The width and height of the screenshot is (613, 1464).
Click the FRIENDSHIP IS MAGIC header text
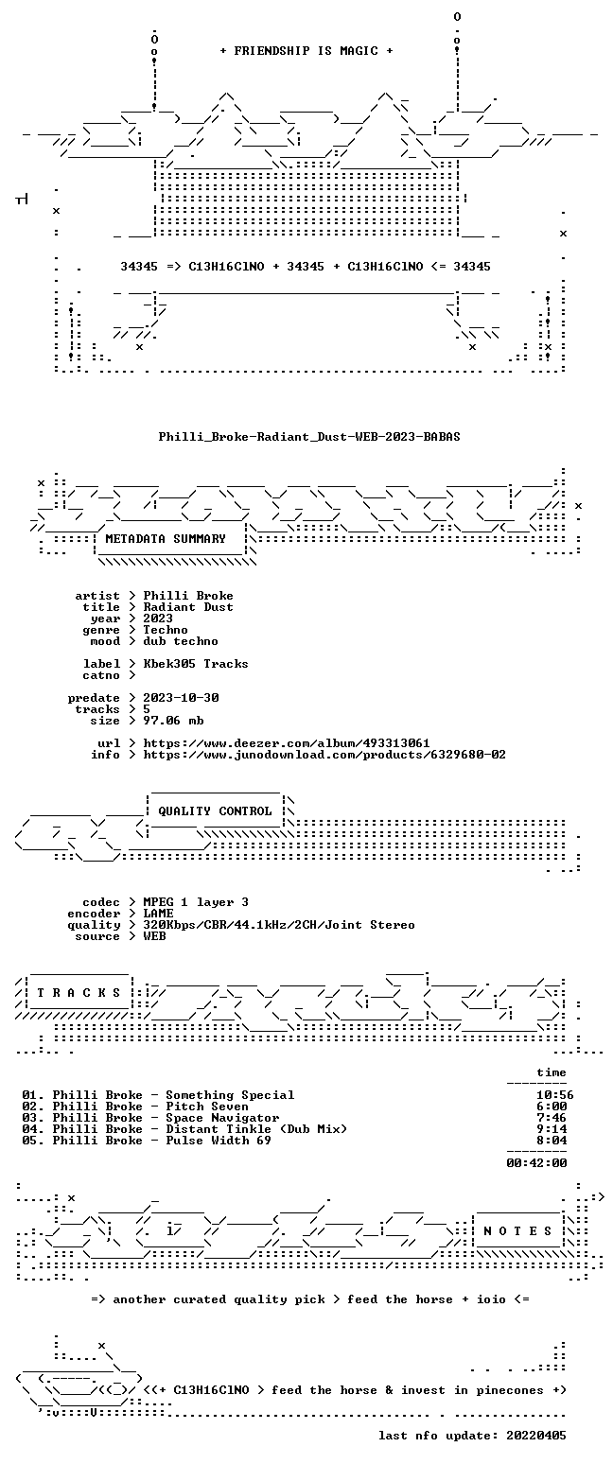point(306,51)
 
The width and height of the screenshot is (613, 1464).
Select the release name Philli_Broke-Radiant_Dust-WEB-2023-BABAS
point(309,437)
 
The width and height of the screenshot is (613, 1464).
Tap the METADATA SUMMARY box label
point(166,538)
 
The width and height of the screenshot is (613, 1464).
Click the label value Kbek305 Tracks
point(196,663)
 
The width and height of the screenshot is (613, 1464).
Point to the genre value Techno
point(166,630)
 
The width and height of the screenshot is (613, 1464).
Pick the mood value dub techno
point(181,641)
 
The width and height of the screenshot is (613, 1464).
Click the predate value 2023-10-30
point(181,697)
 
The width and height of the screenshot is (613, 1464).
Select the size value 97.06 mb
point(173,721)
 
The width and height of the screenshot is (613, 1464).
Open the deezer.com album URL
point(287,743)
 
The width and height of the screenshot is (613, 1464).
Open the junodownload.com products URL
point(324,754)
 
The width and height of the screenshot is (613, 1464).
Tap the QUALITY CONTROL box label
point(215,811)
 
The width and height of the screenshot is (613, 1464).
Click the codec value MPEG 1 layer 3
point(196,902)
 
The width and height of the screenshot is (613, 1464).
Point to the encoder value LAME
point(158,914)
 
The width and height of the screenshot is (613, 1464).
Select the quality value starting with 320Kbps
point(279,925)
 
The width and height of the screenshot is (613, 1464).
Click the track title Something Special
point(230,1095)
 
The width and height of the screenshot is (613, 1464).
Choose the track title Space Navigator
point(222,1118)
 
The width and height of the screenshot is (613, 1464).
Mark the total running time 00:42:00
point(536,1162)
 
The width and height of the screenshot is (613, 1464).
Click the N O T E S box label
point(517,1230)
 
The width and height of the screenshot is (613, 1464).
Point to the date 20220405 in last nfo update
point(535,1436)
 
